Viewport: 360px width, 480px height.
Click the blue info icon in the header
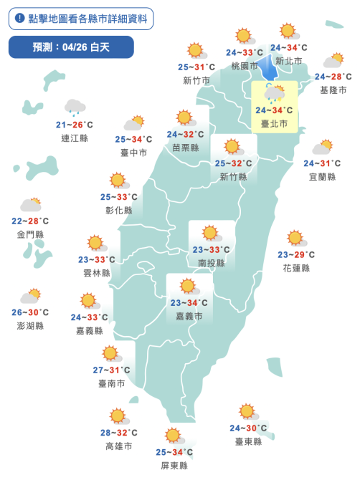tap(19, 19)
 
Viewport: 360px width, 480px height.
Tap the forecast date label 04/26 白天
tap(72, 47)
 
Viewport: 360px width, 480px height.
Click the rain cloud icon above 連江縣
tap(75, 108)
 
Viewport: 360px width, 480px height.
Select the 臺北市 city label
tap(275, 123)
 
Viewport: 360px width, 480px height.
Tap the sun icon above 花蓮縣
tap(295, 239)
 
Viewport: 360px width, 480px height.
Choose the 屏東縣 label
tap(174, 465)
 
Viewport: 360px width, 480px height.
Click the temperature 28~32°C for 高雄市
tap(118, 433)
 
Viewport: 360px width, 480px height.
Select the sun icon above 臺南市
tap(110, 354)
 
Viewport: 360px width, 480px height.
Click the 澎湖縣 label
tap(30, 325)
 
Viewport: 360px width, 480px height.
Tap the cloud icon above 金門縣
tap(30, 206)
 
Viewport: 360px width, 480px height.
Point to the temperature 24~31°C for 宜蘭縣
tap(321, 163)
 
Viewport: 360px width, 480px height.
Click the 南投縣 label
tap(211, 263)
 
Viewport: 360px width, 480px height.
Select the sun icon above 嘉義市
tap(189, 287)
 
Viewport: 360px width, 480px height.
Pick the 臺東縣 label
tap(248, 441)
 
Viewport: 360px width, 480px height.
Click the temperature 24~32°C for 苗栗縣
tap(185, 134)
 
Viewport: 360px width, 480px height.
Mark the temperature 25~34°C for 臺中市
tap(133, 139)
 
